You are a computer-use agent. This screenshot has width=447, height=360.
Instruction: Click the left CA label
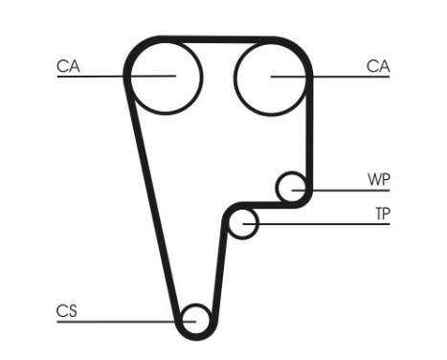coord(68,66)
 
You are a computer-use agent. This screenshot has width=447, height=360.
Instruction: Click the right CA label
coord(378,66)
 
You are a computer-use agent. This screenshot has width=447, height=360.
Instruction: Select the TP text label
coord(382,214)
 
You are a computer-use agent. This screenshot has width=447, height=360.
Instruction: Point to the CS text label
coord(66,310)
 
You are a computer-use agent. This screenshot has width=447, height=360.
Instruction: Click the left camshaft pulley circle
coord(165,76)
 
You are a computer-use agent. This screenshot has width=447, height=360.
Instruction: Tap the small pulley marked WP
coord(292,187)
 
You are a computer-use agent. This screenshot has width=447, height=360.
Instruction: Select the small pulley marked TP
coord(245,223)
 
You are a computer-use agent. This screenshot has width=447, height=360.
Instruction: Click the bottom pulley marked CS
coord(195,319)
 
